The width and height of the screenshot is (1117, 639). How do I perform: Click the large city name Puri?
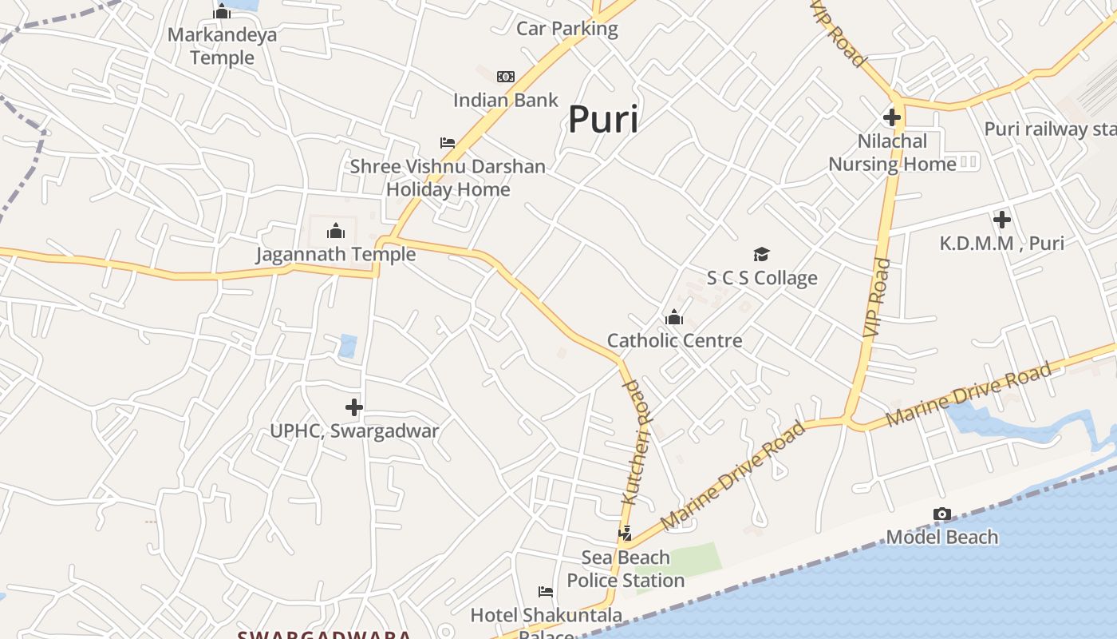(603, 120)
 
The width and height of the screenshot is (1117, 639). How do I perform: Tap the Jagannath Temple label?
(336, 254)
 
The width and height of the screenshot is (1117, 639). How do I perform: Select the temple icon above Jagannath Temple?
(336, 232)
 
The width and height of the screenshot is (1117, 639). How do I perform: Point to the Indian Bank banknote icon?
(506, 77)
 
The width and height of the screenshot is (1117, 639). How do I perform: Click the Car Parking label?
(567, 29)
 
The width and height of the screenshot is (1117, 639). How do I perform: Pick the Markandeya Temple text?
(222, 46)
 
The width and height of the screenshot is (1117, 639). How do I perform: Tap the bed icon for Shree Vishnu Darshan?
(448, 143)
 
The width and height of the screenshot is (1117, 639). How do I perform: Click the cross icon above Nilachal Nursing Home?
(892, 117)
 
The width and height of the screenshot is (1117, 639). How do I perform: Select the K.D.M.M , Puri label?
(1001, 243)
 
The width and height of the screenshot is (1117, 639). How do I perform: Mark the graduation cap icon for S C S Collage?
(762, 254)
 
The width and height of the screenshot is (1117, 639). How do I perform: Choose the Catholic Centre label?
(674, 340)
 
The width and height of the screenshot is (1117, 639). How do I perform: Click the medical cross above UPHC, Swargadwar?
(354, 407)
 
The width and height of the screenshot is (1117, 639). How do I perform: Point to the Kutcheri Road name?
(637, 441)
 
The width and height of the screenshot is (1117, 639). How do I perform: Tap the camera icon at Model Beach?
(942, 514)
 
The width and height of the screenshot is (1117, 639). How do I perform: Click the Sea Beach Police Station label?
(626, 568)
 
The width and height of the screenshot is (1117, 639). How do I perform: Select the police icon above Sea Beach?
(626, 533)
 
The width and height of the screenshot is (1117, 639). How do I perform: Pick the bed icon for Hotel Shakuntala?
(546, 592)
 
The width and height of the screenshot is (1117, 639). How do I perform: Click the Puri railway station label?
(1048, 129)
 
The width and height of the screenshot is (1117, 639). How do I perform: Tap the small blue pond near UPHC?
(348, 346)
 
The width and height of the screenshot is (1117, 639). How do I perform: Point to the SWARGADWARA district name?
(324, 634)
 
